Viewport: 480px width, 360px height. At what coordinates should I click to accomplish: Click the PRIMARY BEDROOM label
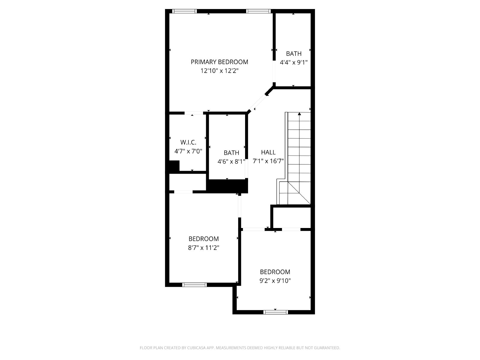(219, 62)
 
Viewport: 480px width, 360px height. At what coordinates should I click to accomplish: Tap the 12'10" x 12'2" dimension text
(219, 71)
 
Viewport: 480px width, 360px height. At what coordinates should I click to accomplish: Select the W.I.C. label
(188, 142)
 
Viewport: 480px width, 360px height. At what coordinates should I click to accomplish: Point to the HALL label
(268, 152)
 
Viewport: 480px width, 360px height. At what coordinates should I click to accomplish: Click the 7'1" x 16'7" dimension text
(268, 161)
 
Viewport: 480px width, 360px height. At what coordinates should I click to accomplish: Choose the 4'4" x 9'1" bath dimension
(294, 62)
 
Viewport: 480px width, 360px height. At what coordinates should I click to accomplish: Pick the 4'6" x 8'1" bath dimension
(231, 161)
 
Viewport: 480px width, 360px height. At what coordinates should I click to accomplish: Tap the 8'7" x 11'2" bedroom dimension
(204, 248)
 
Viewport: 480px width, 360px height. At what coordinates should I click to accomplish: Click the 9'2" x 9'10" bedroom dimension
(275, 281)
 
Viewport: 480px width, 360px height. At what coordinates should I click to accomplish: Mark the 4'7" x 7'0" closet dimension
(188, 151)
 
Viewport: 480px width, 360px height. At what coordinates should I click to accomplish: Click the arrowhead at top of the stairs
(299, 114)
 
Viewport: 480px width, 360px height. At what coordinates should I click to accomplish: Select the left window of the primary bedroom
(184, 11)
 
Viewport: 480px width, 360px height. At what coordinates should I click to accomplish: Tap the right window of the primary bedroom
(259, 11)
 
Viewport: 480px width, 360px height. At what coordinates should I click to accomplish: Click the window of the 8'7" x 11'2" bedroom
(194, 285)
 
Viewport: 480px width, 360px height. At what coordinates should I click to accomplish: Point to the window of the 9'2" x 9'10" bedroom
(275, 312)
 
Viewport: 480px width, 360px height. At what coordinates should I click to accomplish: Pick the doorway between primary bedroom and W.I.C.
(194, 113)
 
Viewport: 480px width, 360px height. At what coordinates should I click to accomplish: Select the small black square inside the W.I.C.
(174, 166)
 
